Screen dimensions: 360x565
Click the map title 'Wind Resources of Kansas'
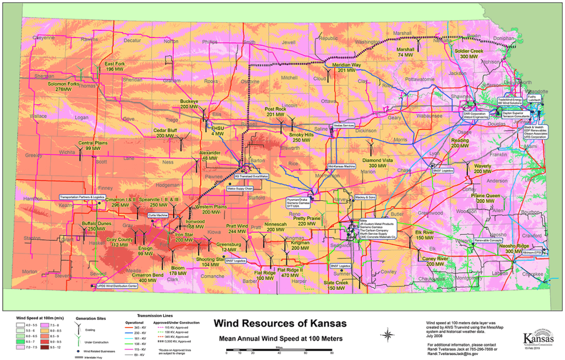pyautogui.click(x=280, y=323)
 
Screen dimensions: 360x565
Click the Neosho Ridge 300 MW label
pyautogui.click(x=514, y=248)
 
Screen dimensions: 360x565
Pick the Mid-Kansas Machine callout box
pyautogui.click(x=342, y=166)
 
